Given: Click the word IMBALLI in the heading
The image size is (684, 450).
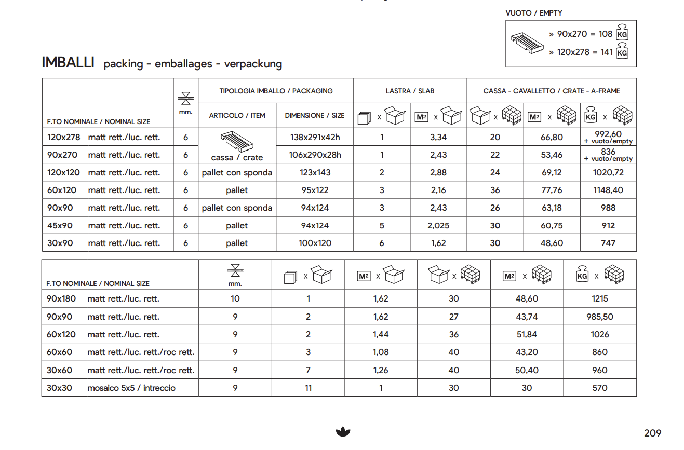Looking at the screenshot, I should (x=68, y=63).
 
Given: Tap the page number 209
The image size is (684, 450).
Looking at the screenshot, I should (x=652, y=433).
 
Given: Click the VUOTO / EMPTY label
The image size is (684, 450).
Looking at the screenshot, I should (x=534, y=13).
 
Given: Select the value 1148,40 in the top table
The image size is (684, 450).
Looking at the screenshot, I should (x=608, y=190).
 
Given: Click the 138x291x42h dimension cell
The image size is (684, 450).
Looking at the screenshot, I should (x=315, y=138).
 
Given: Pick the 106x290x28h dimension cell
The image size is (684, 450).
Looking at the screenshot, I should (x=315, y=155).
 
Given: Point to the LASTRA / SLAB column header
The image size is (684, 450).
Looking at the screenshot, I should (x=410, y=91).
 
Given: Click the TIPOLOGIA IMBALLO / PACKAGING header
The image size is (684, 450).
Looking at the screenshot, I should (x=276, y=91).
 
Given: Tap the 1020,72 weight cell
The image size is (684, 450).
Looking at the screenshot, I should (x=608, y=172).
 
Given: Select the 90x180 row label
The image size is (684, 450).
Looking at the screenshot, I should (x=61, y=298).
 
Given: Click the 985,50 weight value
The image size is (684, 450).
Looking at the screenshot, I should (x=599, y=317).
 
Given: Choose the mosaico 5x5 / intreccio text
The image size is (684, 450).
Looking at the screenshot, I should (x=131, y=388).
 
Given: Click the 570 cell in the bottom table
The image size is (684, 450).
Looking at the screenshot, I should (x=599, y=388).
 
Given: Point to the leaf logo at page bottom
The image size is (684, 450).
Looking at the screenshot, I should (x=343, y=431).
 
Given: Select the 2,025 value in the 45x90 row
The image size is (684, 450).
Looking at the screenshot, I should (x=438, y=226).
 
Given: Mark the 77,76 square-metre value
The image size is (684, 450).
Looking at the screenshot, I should (x=551, y=190).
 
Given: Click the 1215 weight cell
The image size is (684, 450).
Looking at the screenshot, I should (x=599, y=298).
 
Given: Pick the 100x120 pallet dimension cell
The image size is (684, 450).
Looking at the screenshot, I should (x=315, y=243).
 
